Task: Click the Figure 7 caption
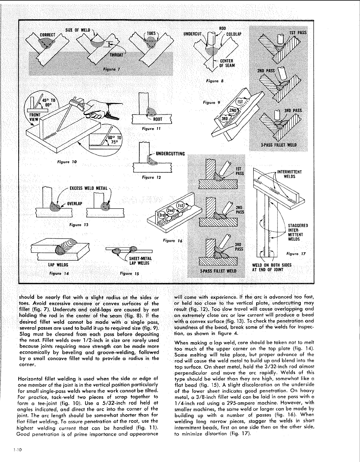[x=111, y=70]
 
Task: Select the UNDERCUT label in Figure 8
[x=192, y=34]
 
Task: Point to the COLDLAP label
[x=234, y=34]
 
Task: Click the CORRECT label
[x=47, y=35]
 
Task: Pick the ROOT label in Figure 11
[x=158, y=119]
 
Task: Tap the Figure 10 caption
[x=67, y=162]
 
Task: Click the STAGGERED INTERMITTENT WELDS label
[x=298, y=232]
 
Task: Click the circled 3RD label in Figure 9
[x=224, y=118]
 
